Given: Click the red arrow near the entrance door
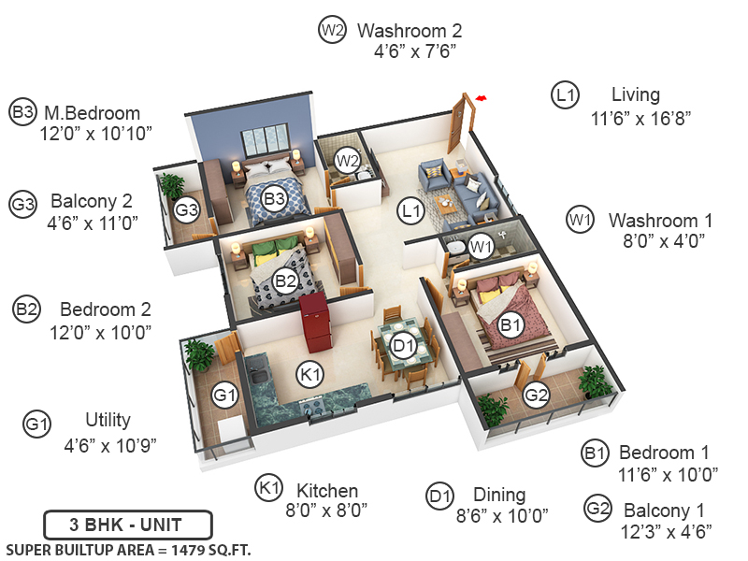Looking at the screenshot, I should [482, 97].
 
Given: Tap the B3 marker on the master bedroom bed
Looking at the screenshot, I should [274, 198].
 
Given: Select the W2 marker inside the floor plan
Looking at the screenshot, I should [348, 160].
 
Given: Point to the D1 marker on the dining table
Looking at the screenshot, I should [403, 345].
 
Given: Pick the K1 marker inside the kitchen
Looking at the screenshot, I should [310, 375].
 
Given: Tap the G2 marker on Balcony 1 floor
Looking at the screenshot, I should [536, 395].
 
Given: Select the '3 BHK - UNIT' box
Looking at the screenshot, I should [128, 523].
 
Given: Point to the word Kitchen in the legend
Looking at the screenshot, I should [327, 491].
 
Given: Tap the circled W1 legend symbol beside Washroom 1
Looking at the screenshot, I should [581, 221].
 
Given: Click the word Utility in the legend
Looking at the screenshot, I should [108, 420].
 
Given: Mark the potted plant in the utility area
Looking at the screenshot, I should [199, 353].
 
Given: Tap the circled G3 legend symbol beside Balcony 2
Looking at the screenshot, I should [22, 202].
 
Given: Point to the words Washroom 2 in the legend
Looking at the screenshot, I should [410, 31].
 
